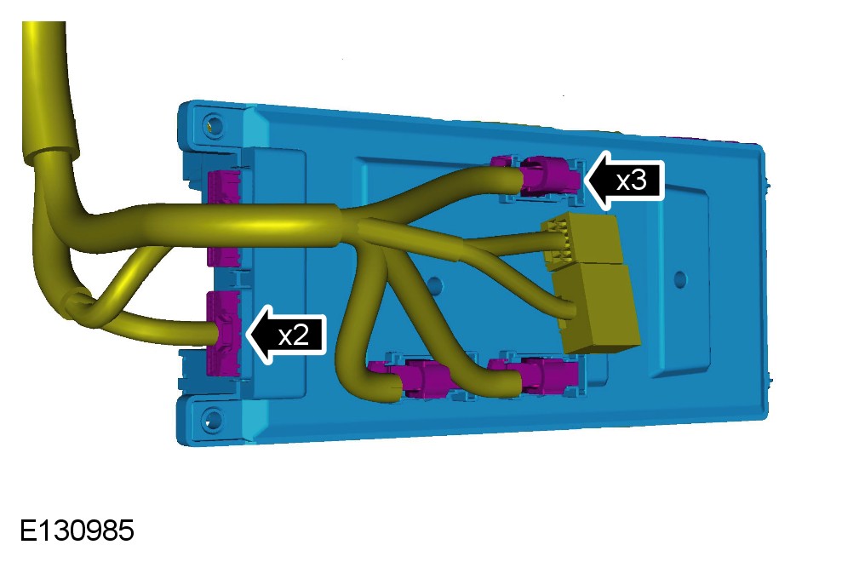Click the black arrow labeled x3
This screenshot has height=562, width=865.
[x=624, y=180]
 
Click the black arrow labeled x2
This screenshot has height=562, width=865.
[x=286, y=335]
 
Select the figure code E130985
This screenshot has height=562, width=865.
[x=77, y=530]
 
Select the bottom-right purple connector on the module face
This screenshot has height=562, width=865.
[x=543, y=375]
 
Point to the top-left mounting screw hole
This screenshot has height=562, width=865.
[x=214, y=124]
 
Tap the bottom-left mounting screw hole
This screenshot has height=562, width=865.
[x=212, y=420]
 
